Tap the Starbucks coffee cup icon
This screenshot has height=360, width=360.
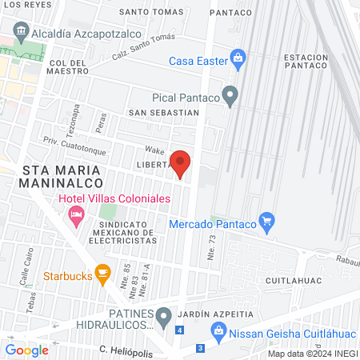point(102,274)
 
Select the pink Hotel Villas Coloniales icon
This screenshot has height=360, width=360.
point(77,214)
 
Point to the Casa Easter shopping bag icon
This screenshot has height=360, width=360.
point(237,58)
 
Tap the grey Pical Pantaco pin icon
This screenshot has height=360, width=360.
point(230,97)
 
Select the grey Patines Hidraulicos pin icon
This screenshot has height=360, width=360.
point(163,317)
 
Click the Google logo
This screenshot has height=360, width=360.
point(27,350)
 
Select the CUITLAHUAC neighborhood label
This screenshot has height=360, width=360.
point(301,281)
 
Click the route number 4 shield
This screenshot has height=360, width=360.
point(180,330)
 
